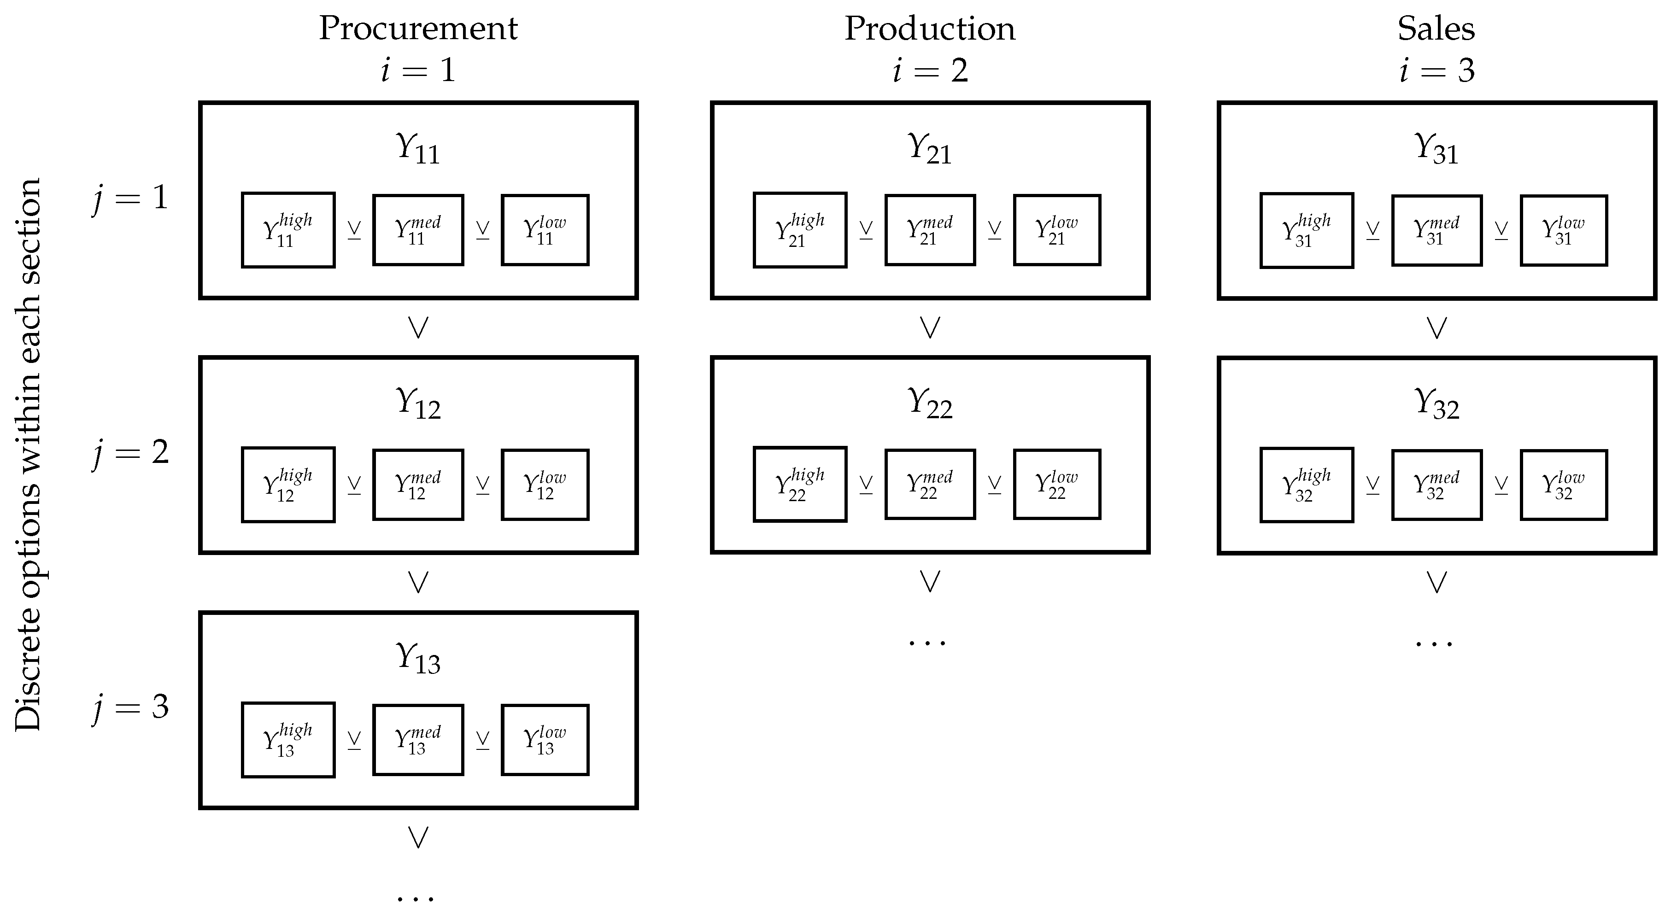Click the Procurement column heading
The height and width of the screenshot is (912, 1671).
(418, 29)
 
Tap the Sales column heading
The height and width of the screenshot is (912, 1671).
(1436, 29)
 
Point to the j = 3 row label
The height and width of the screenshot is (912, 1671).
(130, 707)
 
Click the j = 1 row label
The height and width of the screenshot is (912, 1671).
(130, 198)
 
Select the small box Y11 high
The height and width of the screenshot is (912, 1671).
(288, 230)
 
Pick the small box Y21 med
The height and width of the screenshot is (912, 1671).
(930, 230)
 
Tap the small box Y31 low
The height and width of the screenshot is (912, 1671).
(1563, 230)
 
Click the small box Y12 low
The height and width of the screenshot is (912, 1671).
(545, 485)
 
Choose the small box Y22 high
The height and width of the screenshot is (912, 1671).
(800, 484)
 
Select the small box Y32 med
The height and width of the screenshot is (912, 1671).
(1436, 485)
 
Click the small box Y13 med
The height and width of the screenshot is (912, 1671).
(418, 739)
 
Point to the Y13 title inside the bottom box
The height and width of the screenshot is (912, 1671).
(418, 658)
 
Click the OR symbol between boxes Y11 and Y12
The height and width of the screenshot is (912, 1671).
(418, 327)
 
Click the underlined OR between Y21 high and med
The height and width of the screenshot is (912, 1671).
(865, 230)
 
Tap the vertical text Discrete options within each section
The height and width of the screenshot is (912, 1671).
(29, 454)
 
